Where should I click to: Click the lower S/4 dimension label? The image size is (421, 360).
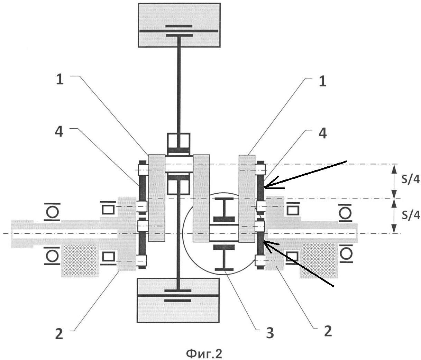(x=411, y=215)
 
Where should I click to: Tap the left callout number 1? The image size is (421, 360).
(x=60, y=80)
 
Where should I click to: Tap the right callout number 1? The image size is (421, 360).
(x=322, y=81)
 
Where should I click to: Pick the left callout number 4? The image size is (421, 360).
(x=59, y=132)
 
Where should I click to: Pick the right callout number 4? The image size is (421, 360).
(x=322, y=133)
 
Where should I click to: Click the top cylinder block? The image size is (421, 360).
(x=179, y=25)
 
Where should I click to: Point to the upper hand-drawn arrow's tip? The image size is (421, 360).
(x=264, y=187)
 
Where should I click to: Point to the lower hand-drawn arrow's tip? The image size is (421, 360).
(x=264, y=241)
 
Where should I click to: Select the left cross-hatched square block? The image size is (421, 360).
(x=80, y=259)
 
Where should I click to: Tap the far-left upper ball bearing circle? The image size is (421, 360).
(x=52, y=212)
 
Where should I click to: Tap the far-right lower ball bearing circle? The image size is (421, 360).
(x=346, y=254)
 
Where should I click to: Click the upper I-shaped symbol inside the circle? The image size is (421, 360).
(x=224, y=210)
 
